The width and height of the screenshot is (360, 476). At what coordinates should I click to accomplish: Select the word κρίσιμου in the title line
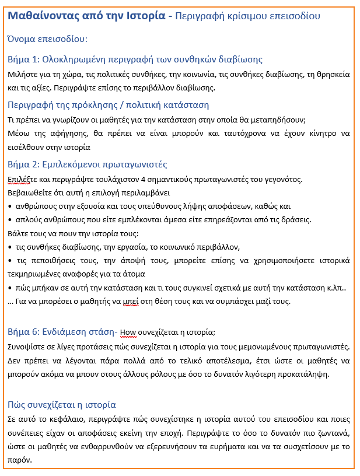(246, 16)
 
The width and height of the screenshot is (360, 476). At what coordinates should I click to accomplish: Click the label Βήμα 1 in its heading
(24, 60)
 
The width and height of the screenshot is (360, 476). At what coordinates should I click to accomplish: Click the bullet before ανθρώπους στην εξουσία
(10, 206)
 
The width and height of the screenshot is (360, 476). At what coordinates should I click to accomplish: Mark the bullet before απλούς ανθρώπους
(10, 219)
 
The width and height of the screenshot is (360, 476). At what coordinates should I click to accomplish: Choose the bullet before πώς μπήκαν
(10, 288)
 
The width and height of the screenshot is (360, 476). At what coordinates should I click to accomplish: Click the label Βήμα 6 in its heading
(24, 332)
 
